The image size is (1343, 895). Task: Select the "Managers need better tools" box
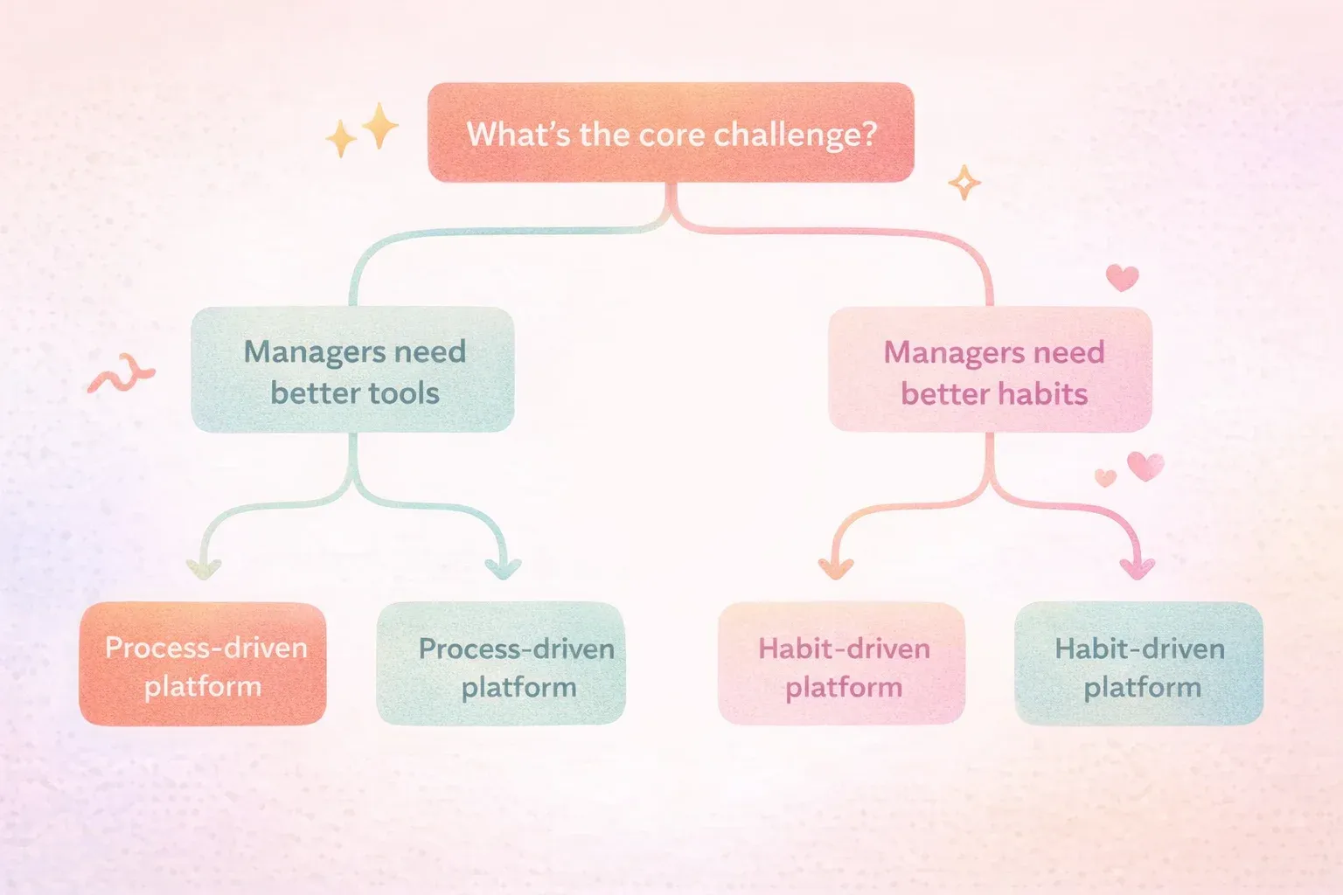pos(352,369)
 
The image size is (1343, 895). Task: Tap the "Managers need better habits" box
pos(990,369)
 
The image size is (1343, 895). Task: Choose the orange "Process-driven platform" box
pos(203,663)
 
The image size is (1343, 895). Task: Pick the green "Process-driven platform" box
pos(501,663)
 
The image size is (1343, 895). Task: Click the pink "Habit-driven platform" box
pos(842,663)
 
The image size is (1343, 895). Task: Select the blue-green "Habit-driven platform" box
pos(1139,663)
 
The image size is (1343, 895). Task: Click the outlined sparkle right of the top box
pos(964,183)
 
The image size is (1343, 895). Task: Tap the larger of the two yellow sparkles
pos(379,126)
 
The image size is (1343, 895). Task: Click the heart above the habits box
pos(1122,278)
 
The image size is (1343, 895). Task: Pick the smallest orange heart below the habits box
pos(1105,478)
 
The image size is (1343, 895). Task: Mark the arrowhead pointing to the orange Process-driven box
pos(204,568)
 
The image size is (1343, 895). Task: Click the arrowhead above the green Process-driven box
pos(503,568)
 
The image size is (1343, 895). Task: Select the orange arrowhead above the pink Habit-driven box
pos(836,568)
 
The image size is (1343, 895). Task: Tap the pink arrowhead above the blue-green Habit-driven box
pos(1138,568)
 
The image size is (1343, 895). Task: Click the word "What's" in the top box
pos(518,134)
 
